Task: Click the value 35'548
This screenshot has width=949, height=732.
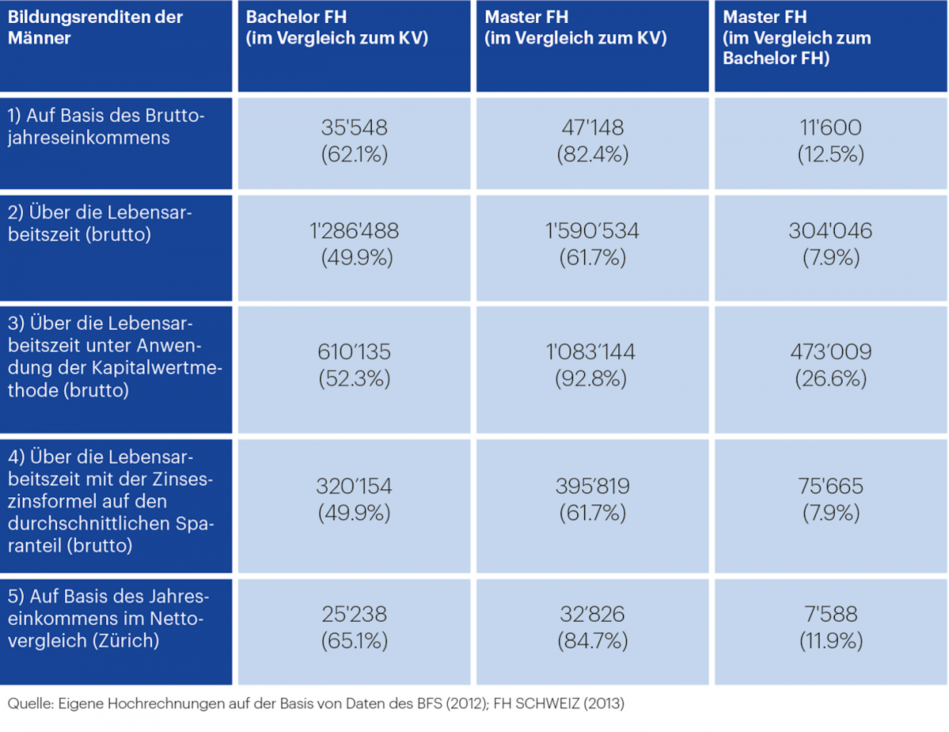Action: point(354,128)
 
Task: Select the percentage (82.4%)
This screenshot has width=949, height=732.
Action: point(592,154)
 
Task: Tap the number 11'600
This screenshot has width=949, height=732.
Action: point(830,128)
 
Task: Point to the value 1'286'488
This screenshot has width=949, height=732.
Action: point(354,231)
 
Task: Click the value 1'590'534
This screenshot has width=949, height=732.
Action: point(592,231)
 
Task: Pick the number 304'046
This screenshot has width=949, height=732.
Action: point(830,231)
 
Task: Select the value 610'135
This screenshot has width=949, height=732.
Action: point(354,352)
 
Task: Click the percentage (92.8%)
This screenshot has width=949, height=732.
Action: point(591,379)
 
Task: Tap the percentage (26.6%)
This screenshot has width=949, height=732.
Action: point(830,379)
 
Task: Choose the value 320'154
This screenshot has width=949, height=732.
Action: point(354,486)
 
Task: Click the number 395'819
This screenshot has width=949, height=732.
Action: point(592,486)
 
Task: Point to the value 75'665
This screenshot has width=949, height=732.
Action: point(830,486)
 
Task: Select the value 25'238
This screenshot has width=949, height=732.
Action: point(354,614)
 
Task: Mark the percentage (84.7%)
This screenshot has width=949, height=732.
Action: point(592,641)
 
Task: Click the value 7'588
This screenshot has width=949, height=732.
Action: point(830,614)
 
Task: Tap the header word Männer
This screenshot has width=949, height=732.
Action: point(40,38)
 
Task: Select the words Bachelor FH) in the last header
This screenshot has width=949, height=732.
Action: point(776,58)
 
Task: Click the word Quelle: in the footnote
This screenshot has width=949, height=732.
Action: point(31,703)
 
